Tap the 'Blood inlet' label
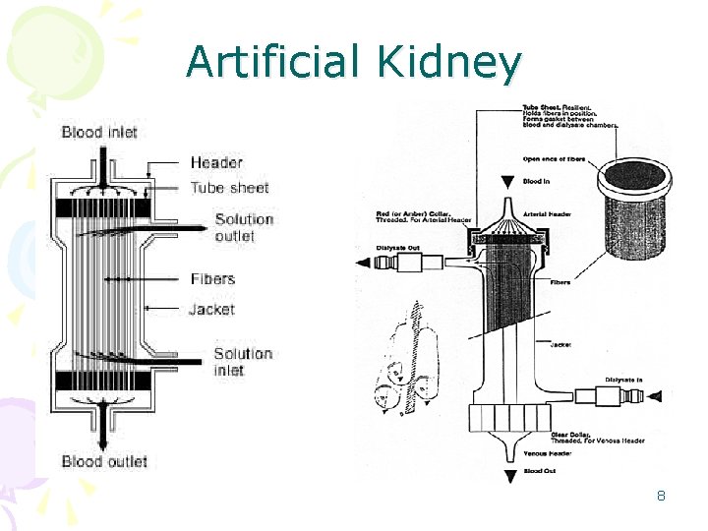(x=99, y=132)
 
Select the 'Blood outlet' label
(x=104, y=461)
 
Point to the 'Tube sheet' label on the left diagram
(x=229, y=187)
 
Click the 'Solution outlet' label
(x=243, y=227)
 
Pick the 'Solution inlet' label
(x=243, y=362)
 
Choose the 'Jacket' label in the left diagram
(x=211, y=310)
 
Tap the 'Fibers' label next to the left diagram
(x=212, y=279)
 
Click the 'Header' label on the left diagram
(x=216, y=162)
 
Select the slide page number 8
(x=661, y=496)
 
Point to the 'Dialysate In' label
(x=623, y=379)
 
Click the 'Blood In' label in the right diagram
(x=538, y=181)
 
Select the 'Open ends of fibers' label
(x=559, y=158)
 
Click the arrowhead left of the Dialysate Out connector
(x=363, y=263)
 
